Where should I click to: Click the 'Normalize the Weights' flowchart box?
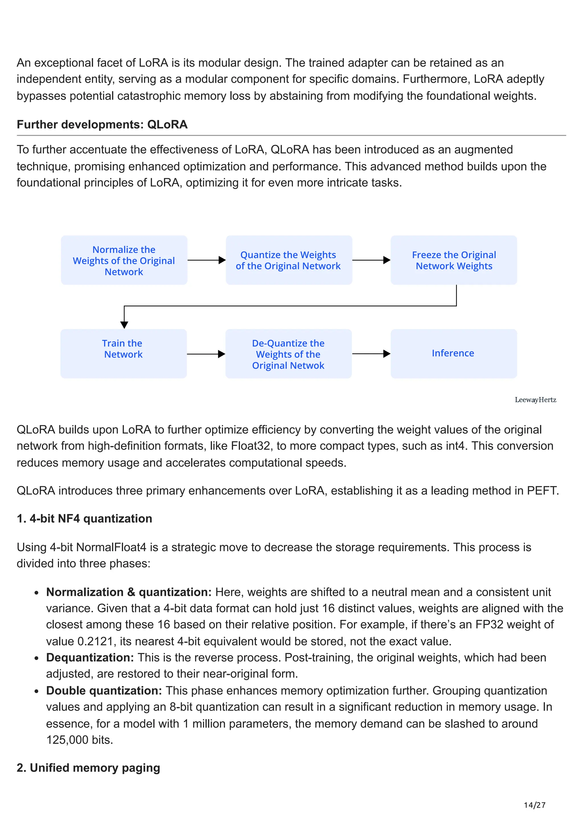click(124, 260)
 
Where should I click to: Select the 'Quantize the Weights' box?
click(289, 260)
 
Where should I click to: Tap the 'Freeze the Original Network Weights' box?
click(454, 260)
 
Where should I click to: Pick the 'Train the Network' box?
click(124, 354)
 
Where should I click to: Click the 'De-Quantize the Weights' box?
click(288, 354)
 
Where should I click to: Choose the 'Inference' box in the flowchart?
click(454, 354)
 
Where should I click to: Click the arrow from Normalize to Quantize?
click(207, 260)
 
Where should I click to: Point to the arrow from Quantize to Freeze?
click(371, 260)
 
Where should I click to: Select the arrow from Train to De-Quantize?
click(206, 354)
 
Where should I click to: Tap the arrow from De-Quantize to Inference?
click(371, 354)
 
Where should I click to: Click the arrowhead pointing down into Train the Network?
click(124, 325)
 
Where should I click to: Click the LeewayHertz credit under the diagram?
click(535, 400)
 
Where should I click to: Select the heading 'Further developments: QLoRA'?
click(102, 125)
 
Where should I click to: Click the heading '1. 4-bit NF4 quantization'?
click(85, 518)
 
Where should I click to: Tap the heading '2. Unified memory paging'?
click(88, 768)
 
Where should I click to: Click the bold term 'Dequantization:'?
click(90, 658)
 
